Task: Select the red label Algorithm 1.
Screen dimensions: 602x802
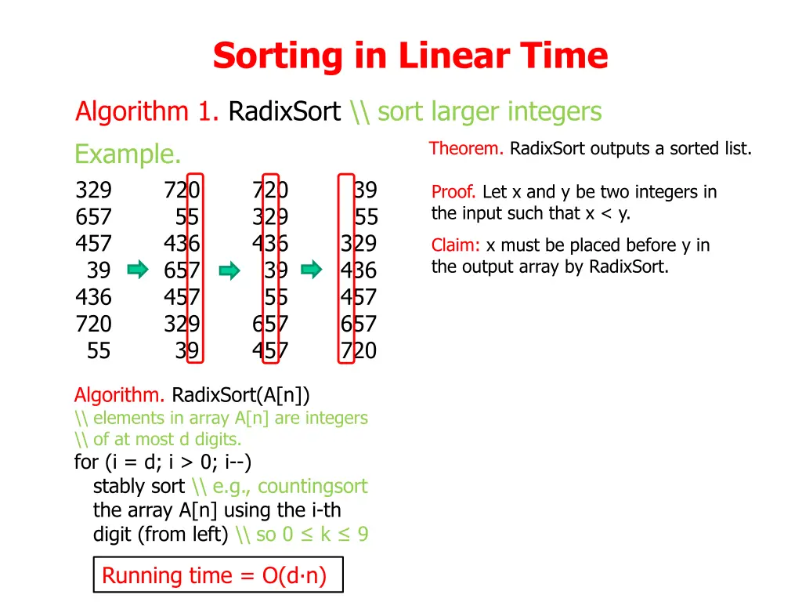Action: (146, 112)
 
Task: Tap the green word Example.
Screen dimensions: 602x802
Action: (128, 154)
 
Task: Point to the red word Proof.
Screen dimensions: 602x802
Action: (454, 192)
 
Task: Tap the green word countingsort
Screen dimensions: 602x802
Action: (312, 486)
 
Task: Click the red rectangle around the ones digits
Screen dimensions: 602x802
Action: (195, 269)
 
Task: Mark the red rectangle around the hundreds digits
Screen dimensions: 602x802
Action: (347, 269)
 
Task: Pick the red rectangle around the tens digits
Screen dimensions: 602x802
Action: (271, 269)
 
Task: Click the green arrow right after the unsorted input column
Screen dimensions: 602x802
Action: (138, 270)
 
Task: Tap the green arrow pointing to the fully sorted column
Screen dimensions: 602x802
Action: (312, 270)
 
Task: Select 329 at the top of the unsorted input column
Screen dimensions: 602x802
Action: (94, 190)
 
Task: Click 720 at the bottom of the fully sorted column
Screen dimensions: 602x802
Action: (359, 350)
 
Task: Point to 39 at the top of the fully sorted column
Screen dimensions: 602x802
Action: (365, 190)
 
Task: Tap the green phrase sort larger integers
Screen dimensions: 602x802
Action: (490, 112)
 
